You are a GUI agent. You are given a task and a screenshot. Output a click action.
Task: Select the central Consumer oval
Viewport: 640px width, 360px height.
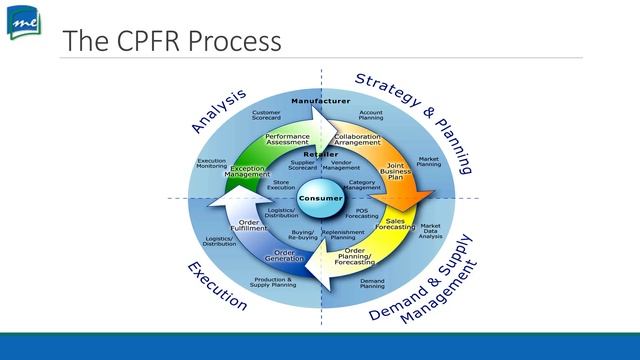(319, 198)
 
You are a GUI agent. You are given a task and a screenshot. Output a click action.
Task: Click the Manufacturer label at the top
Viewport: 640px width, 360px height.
(320, 102)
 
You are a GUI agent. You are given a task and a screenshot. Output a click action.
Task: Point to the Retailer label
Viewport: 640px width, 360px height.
(320, 154)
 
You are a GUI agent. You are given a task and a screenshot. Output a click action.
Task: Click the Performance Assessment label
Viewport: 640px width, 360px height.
(287, 139)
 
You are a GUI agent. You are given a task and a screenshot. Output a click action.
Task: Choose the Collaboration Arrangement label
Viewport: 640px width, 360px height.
(357, 139)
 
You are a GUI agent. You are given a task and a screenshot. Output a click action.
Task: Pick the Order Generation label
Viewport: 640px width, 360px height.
(288, 255)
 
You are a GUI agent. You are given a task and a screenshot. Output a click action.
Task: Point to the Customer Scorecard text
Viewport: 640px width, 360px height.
(266, 115)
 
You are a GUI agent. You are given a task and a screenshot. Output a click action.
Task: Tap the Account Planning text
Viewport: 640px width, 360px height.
(370, 116)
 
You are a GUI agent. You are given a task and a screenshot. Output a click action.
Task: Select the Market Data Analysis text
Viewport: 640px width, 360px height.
(431, 231)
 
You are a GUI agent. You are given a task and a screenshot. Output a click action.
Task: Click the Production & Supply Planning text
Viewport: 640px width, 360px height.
(271, 282)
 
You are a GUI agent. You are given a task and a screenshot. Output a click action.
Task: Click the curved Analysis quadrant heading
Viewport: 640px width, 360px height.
(218, 110)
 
